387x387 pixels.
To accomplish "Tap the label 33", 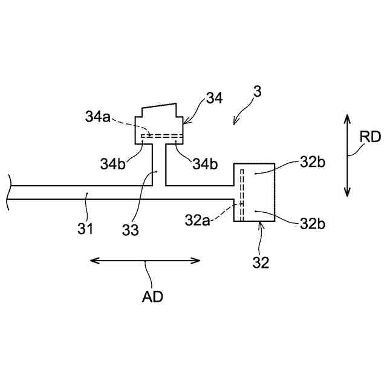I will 130,230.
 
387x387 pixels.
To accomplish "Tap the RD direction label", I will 370,137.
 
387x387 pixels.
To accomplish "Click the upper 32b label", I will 312,163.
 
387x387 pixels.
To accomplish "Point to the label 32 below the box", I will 261,263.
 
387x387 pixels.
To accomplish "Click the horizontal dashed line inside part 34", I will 161,137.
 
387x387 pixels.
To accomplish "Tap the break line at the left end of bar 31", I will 8,192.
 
